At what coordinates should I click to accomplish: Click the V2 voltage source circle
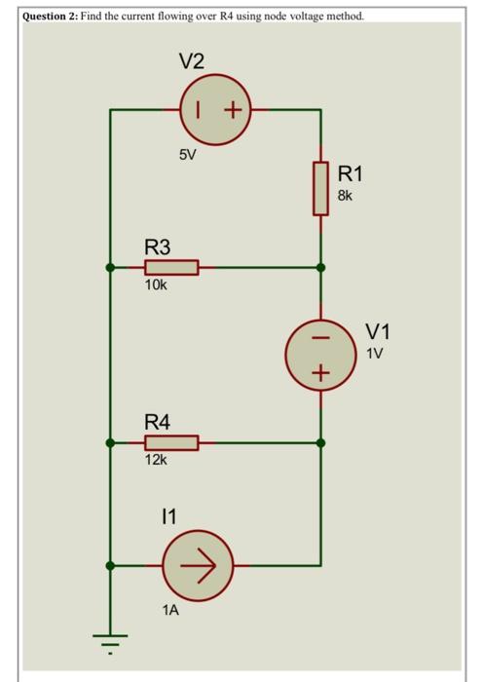pyautogui.click(x=215, y=110)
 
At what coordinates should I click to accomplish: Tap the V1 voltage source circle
pyautogui.click(x=321, y=353)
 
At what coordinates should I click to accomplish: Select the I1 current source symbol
pyautogui.click(x=198, y=564)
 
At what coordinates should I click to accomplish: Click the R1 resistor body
pyautogui.click(x=320, y=188)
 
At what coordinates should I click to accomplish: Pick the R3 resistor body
pyautogui.click(x=171, y=267)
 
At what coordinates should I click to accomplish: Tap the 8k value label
pyautogui.click(x=346, y=195)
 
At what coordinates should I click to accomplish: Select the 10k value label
pyautogui.click(x=156, y=285)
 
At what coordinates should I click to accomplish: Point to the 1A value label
pyautogui.click(x=171, y=611)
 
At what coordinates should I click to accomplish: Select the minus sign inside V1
pyautogui.click(x=321, y=336)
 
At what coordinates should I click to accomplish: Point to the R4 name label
pyautogui.click(x=157, y=422)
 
